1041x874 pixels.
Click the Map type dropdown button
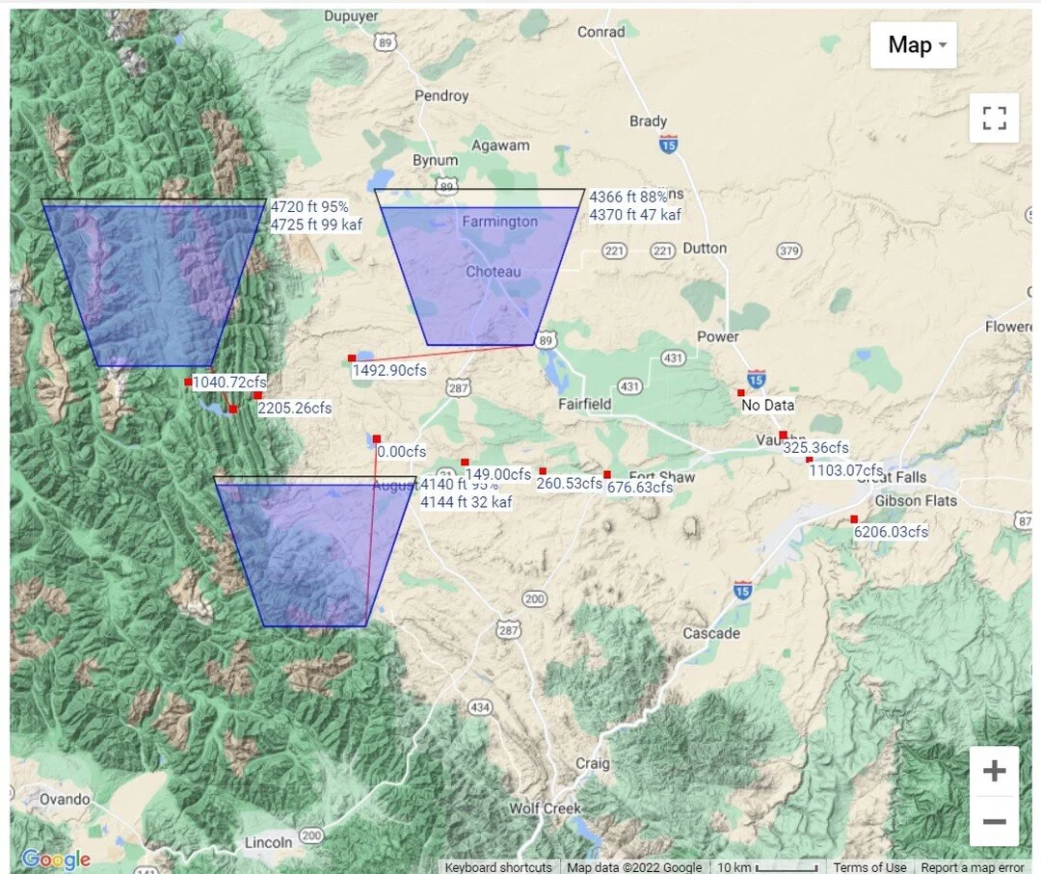913,45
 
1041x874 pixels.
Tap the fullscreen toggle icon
994,119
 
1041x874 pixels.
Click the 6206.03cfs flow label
891,532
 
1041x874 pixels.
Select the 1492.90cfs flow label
389,370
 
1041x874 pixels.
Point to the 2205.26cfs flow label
295,409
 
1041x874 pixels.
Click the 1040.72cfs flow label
229,383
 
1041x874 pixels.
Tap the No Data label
767,405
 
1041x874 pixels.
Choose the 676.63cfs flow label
640,488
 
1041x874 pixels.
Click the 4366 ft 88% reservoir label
628,197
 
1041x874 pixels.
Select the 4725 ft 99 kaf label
313,225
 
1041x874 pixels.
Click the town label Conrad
601,32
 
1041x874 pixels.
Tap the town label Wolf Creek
545,808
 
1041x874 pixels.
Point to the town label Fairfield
585,405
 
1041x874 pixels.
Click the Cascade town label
711,633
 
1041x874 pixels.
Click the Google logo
56,860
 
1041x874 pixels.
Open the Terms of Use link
869,867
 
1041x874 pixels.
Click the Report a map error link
973,867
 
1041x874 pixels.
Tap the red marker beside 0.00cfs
376,439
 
